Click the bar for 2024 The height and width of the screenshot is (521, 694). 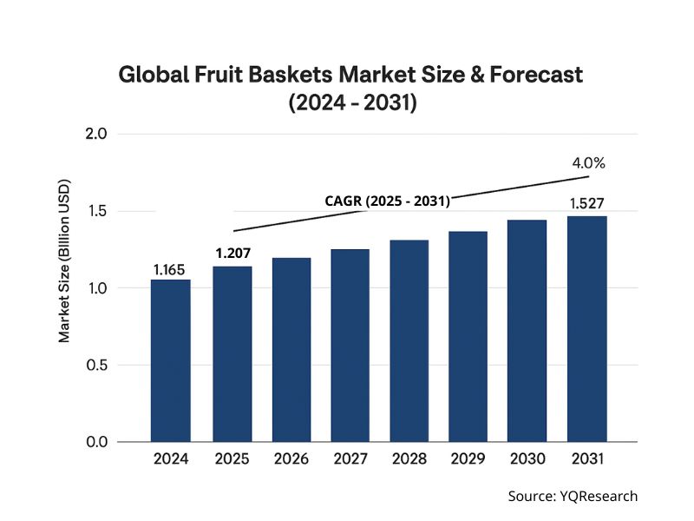point(170,360)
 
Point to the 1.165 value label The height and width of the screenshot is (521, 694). point(170,270)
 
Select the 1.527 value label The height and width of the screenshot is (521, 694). point(586,204)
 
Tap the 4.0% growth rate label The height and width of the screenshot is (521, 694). point(587,163)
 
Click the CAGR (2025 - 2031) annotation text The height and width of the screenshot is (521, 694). point(387,201)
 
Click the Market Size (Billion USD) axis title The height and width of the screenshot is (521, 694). point(65,260)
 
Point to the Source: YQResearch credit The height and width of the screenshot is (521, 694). point(573,496)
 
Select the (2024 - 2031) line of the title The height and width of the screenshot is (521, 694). point(352,103)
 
